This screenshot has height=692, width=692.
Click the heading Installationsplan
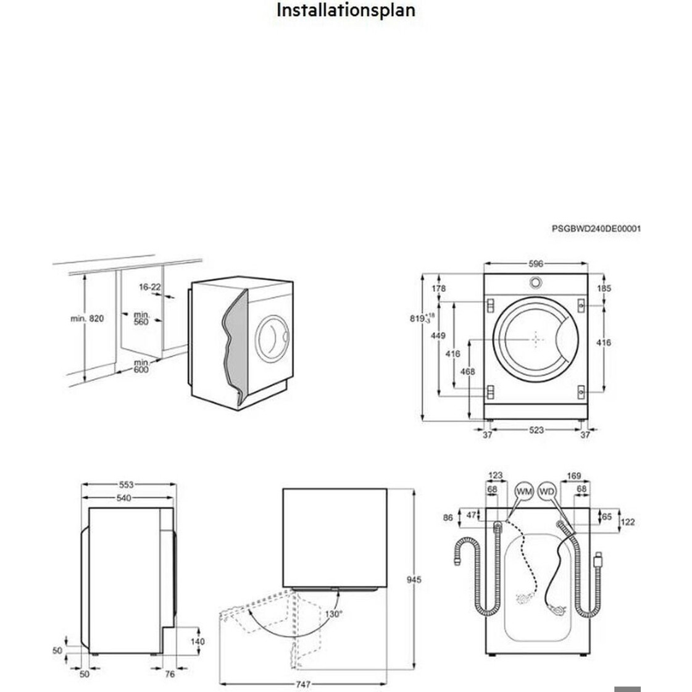345,10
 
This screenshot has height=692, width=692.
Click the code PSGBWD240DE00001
596,228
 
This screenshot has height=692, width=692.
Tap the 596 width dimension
536,264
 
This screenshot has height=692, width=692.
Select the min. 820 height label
87,319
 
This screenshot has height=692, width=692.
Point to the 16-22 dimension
149,287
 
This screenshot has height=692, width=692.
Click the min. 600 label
141,366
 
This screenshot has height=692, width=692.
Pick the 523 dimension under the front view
536,430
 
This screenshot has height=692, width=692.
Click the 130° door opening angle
334,614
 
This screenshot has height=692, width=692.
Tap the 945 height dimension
414,580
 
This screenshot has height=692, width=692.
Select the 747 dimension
303,684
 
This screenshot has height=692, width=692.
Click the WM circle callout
524,491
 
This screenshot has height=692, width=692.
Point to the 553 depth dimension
126,485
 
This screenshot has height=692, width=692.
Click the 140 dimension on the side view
197,641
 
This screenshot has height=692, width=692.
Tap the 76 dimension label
170,674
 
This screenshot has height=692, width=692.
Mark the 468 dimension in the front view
468,372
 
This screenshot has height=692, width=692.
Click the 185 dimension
604,288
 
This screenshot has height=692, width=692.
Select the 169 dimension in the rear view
573,476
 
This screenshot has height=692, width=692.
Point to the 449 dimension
438,336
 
